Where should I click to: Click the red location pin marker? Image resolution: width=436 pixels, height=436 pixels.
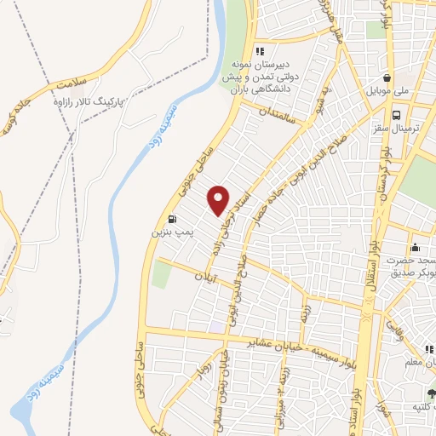219,200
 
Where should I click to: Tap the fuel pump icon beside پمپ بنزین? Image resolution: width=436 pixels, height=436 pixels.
174,217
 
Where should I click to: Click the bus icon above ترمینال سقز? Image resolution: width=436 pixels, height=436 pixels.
396,115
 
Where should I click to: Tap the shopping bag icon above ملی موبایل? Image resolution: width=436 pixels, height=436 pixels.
387,75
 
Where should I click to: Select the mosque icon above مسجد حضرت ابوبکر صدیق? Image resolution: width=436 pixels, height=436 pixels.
414,248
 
